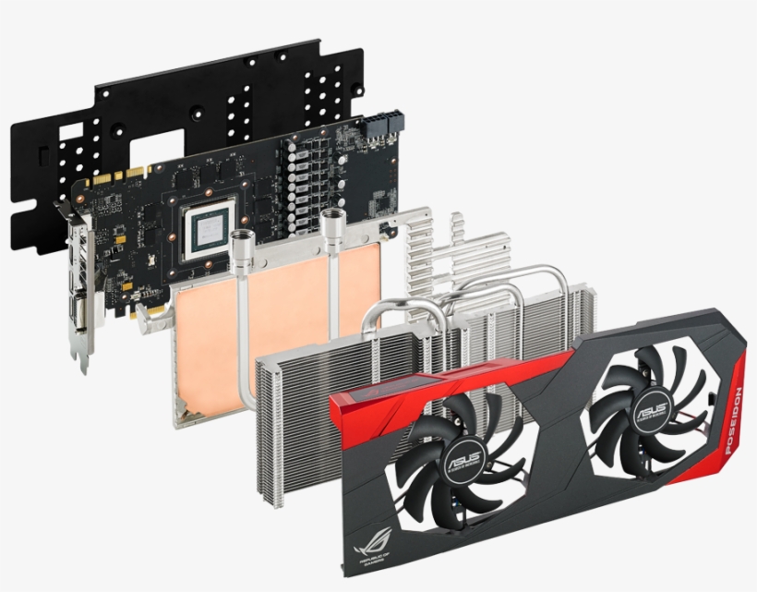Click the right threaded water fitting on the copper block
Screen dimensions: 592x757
[333, 224]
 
